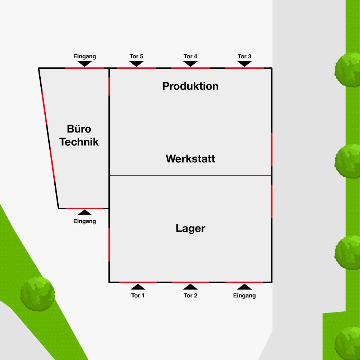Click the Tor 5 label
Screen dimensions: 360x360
click(x=136, y=57)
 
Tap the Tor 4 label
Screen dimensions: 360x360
click(x=190, y=57)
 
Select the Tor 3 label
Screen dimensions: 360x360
click(x=244, y=57)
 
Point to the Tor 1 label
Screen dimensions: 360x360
click(x=138, y=296)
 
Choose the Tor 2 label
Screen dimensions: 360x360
click(x=190, y=296)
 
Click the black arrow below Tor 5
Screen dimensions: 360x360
click(x=136, y=63)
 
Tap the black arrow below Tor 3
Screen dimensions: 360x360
click(x=244, y=63)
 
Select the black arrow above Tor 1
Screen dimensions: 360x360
click(x=138, y=287)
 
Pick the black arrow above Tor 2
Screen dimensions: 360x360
click(x=190, y=287)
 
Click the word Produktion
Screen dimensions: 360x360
click(x=190, y=86)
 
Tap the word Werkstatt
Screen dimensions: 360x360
click(x=190, y=159)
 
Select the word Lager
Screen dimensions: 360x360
click(x=190, y=228)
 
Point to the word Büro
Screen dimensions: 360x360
click(x=79, y=129)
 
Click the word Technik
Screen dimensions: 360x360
click(x=79, y=142)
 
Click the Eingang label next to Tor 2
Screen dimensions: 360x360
click(x=244, y=296)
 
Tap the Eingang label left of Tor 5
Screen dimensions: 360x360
click(x=85, y=57)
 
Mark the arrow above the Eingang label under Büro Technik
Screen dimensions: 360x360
click(x=85, y=212)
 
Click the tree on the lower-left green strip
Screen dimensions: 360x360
click(x=37, y=294)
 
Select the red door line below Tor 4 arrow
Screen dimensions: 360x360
click(x=190, y=68)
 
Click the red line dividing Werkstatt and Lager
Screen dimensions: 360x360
click(x=190, y=175)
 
